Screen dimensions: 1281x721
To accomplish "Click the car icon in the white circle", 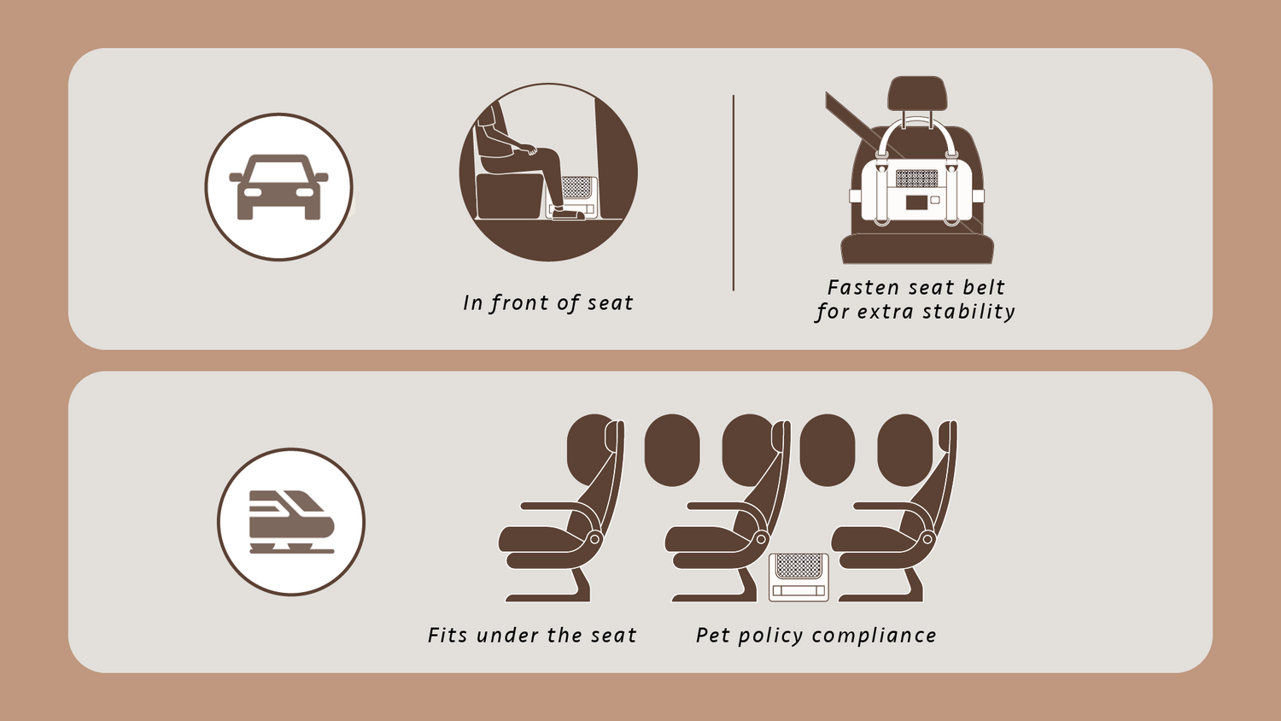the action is pyautogui.click(x=278, y=187).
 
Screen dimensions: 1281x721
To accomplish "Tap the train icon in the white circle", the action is pyautogui.click(x=292, y=522).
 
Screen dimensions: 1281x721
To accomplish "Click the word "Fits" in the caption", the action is pyautogui.click(x=447, y=636).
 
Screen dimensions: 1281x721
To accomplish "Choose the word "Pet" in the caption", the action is pyautogui.click(x=712, y=636).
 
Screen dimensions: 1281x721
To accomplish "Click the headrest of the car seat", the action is pyautogui.click(x=917, y=93).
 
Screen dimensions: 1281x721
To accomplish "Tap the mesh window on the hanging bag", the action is pyautogui.click(x=916, y=178).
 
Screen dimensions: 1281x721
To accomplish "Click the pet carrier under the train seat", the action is pyautogui.click(x=798, y=577).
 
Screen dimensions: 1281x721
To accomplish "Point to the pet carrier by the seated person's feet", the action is pyautogui.click(x=573, y=196).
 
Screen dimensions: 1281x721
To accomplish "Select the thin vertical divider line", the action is pyautogui.click(x=733, y=193).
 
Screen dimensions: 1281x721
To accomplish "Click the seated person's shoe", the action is pyautogui.click(x=568, y=214).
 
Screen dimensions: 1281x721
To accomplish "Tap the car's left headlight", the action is pyautogui.click(x=252, y=192).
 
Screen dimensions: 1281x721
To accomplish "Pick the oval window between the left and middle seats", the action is pyautogui.click(x=672, y=450).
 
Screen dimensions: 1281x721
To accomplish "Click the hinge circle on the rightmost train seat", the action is pyautogui.click(x=927, y=539).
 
